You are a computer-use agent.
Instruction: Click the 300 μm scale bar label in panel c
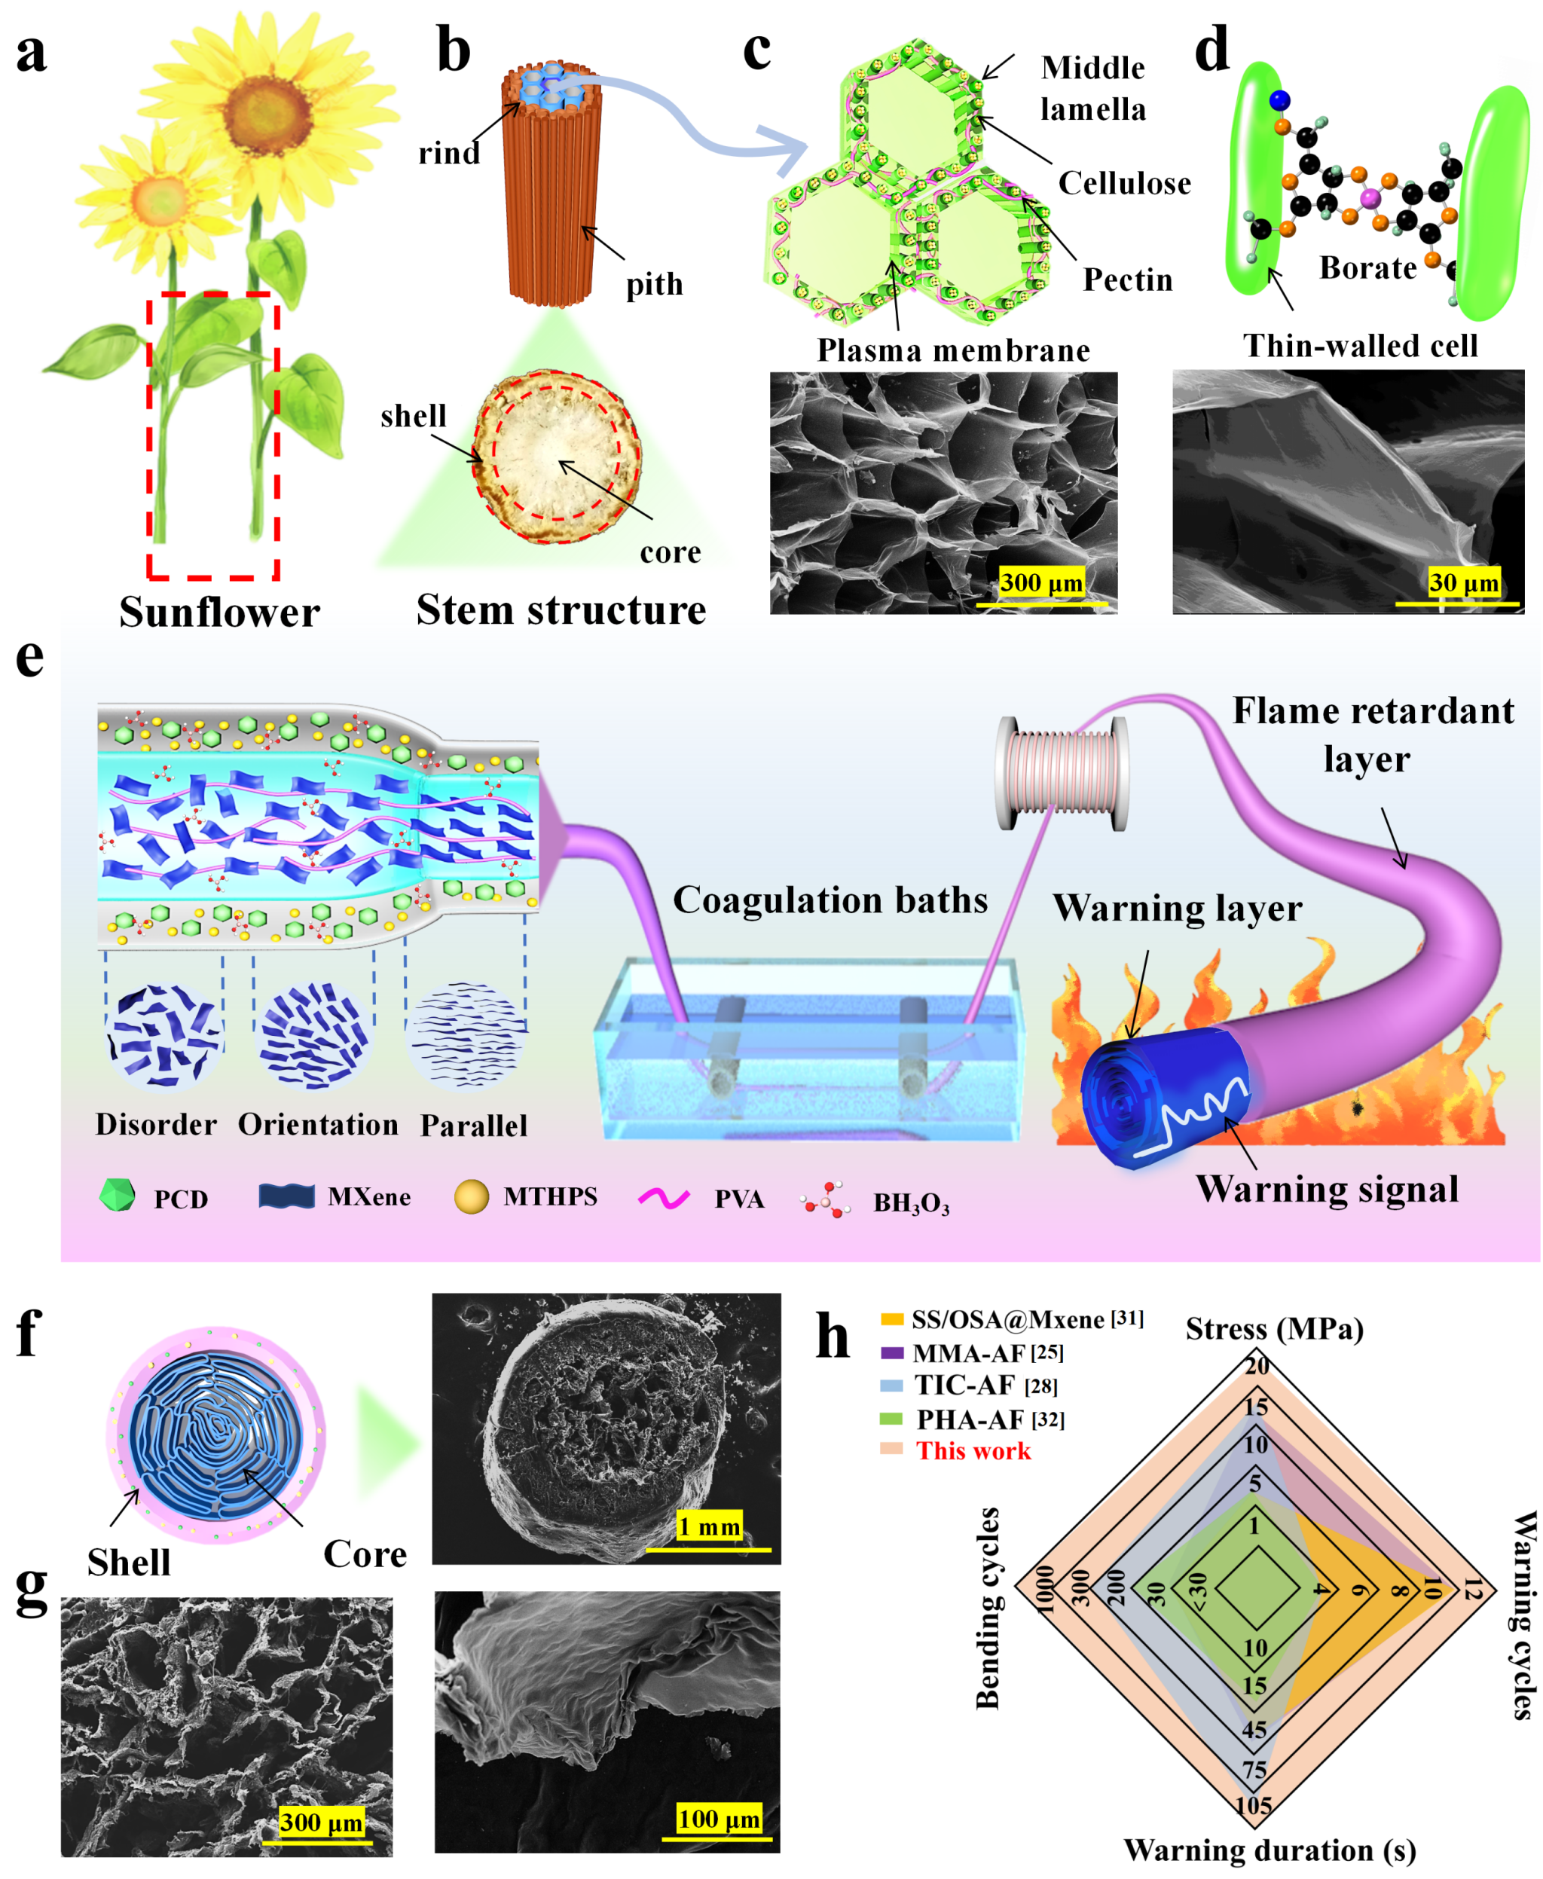(1040, 583)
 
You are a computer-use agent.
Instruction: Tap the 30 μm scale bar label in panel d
(1463, 583)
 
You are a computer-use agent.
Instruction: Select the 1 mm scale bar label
(708, 1527)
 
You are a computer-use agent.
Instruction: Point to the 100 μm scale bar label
(718, 1819)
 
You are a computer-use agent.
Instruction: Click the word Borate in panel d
(1367, 267)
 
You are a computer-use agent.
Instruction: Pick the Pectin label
(1127, 280)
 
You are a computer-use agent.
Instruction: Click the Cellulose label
(1123, 183)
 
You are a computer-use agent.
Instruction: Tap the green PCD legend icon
(118, 1195)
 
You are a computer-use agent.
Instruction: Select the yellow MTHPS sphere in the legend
(471, 1196)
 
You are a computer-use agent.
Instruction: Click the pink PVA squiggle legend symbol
(663, 1198)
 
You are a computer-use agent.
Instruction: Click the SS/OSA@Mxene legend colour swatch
(891, 1319)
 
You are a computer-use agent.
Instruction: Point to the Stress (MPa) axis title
(1274, 1329)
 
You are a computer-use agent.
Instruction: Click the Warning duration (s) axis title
(1270, 1850)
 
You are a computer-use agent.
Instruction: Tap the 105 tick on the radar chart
(1253, 1805)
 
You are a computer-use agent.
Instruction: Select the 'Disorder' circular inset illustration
(163, 1034)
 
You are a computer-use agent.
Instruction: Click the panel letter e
(29, 658)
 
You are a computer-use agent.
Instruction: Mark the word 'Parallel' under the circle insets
(473, 1126)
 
